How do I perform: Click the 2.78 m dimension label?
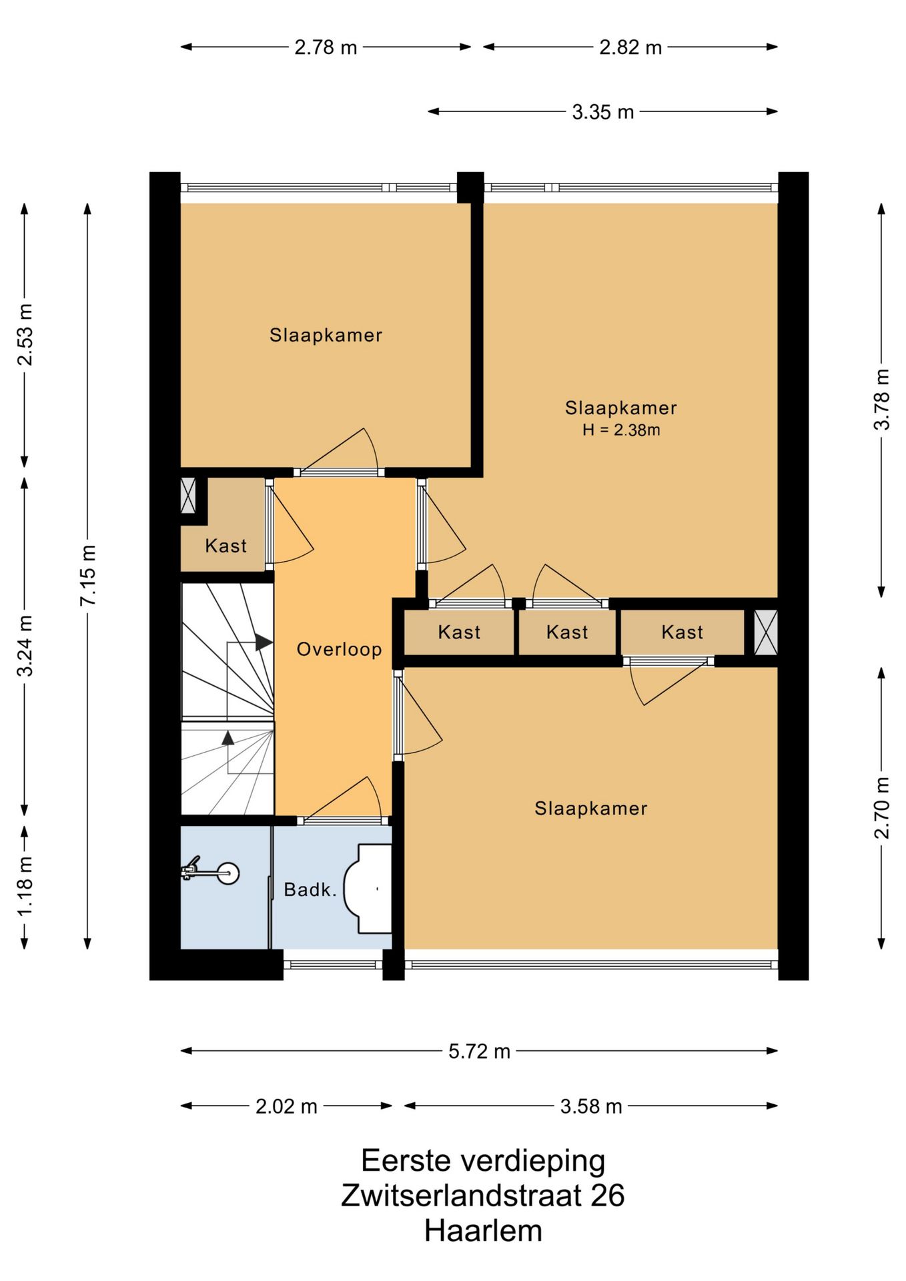[x=326, y=47]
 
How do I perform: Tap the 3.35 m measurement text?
[x=602, y=112]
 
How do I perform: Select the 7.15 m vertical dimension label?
[x=88, y=575]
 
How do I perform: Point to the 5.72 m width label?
[x=479, y=1051]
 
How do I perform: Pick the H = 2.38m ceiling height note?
[x=621, y=430]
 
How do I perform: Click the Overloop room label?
[x=339, y=649]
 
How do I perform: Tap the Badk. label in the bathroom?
[x=310, y=889]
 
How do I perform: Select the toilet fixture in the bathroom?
[x=368, y=889]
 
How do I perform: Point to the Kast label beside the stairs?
[x=225, y=546]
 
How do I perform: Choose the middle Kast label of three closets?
[x=567, y=632]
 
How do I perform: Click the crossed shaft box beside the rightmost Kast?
[x=766, y=632]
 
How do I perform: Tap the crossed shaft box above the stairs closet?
[x=189, y=496]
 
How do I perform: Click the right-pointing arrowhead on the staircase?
[x=264, y=643]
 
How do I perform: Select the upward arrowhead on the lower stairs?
[x=228, y=737]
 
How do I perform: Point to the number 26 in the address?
[x=607, y=1195]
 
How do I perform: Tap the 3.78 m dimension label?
[x=882, y=400]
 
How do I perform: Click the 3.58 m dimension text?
[x=591, y=1107]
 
